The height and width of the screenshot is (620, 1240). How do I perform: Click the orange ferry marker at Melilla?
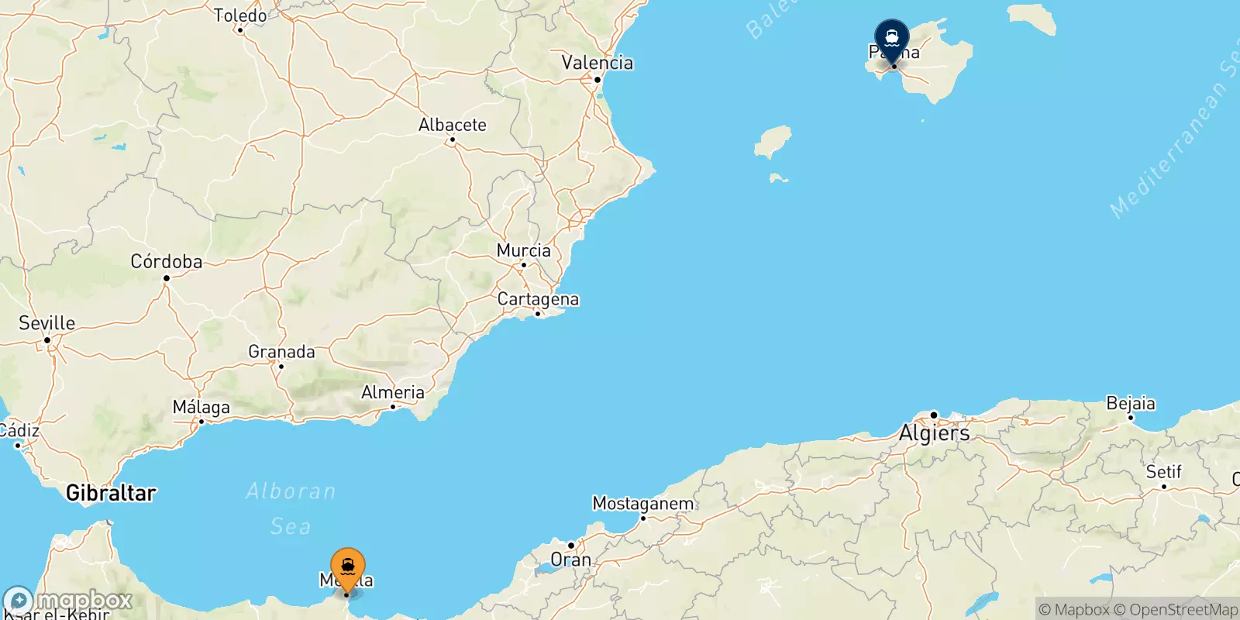[348, 568]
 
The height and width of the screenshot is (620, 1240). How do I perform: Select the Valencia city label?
[597, 63]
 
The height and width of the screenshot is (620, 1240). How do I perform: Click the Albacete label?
[453, 125]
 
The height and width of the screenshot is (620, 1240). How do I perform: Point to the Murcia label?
[524, 250]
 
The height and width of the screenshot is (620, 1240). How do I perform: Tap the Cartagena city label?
[538, 299]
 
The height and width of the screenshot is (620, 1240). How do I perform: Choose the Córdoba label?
[167, 262]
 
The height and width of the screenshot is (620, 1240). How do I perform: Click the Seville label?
[47, 323]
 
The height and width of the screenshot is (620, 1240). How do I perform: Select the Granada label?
[281, 352]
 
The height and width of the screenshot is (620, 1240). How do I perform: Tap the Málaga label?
[201, 407]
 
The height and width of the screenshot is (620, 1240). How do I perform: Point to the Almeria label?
[393, 392]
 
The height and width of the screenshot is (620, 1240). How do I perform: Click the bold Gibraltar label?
[111, 493]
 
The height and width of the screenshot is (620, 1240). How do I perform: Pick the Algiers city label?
[934, 432]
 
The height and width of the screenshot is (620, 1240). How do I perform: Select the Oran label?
[570, 560]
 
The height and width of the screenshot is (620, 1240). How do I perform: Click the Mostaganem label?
[643, 504]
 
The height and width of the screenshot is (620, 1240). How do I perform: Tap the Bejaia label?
[1131, 404]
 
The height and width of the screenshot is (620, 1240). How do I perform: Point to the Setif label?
[1164, 472]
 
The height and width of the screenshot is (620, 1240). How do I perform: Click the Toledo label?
[240, 15]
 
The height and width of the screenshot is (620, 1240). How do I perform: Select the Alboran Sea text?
[291, 508]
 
